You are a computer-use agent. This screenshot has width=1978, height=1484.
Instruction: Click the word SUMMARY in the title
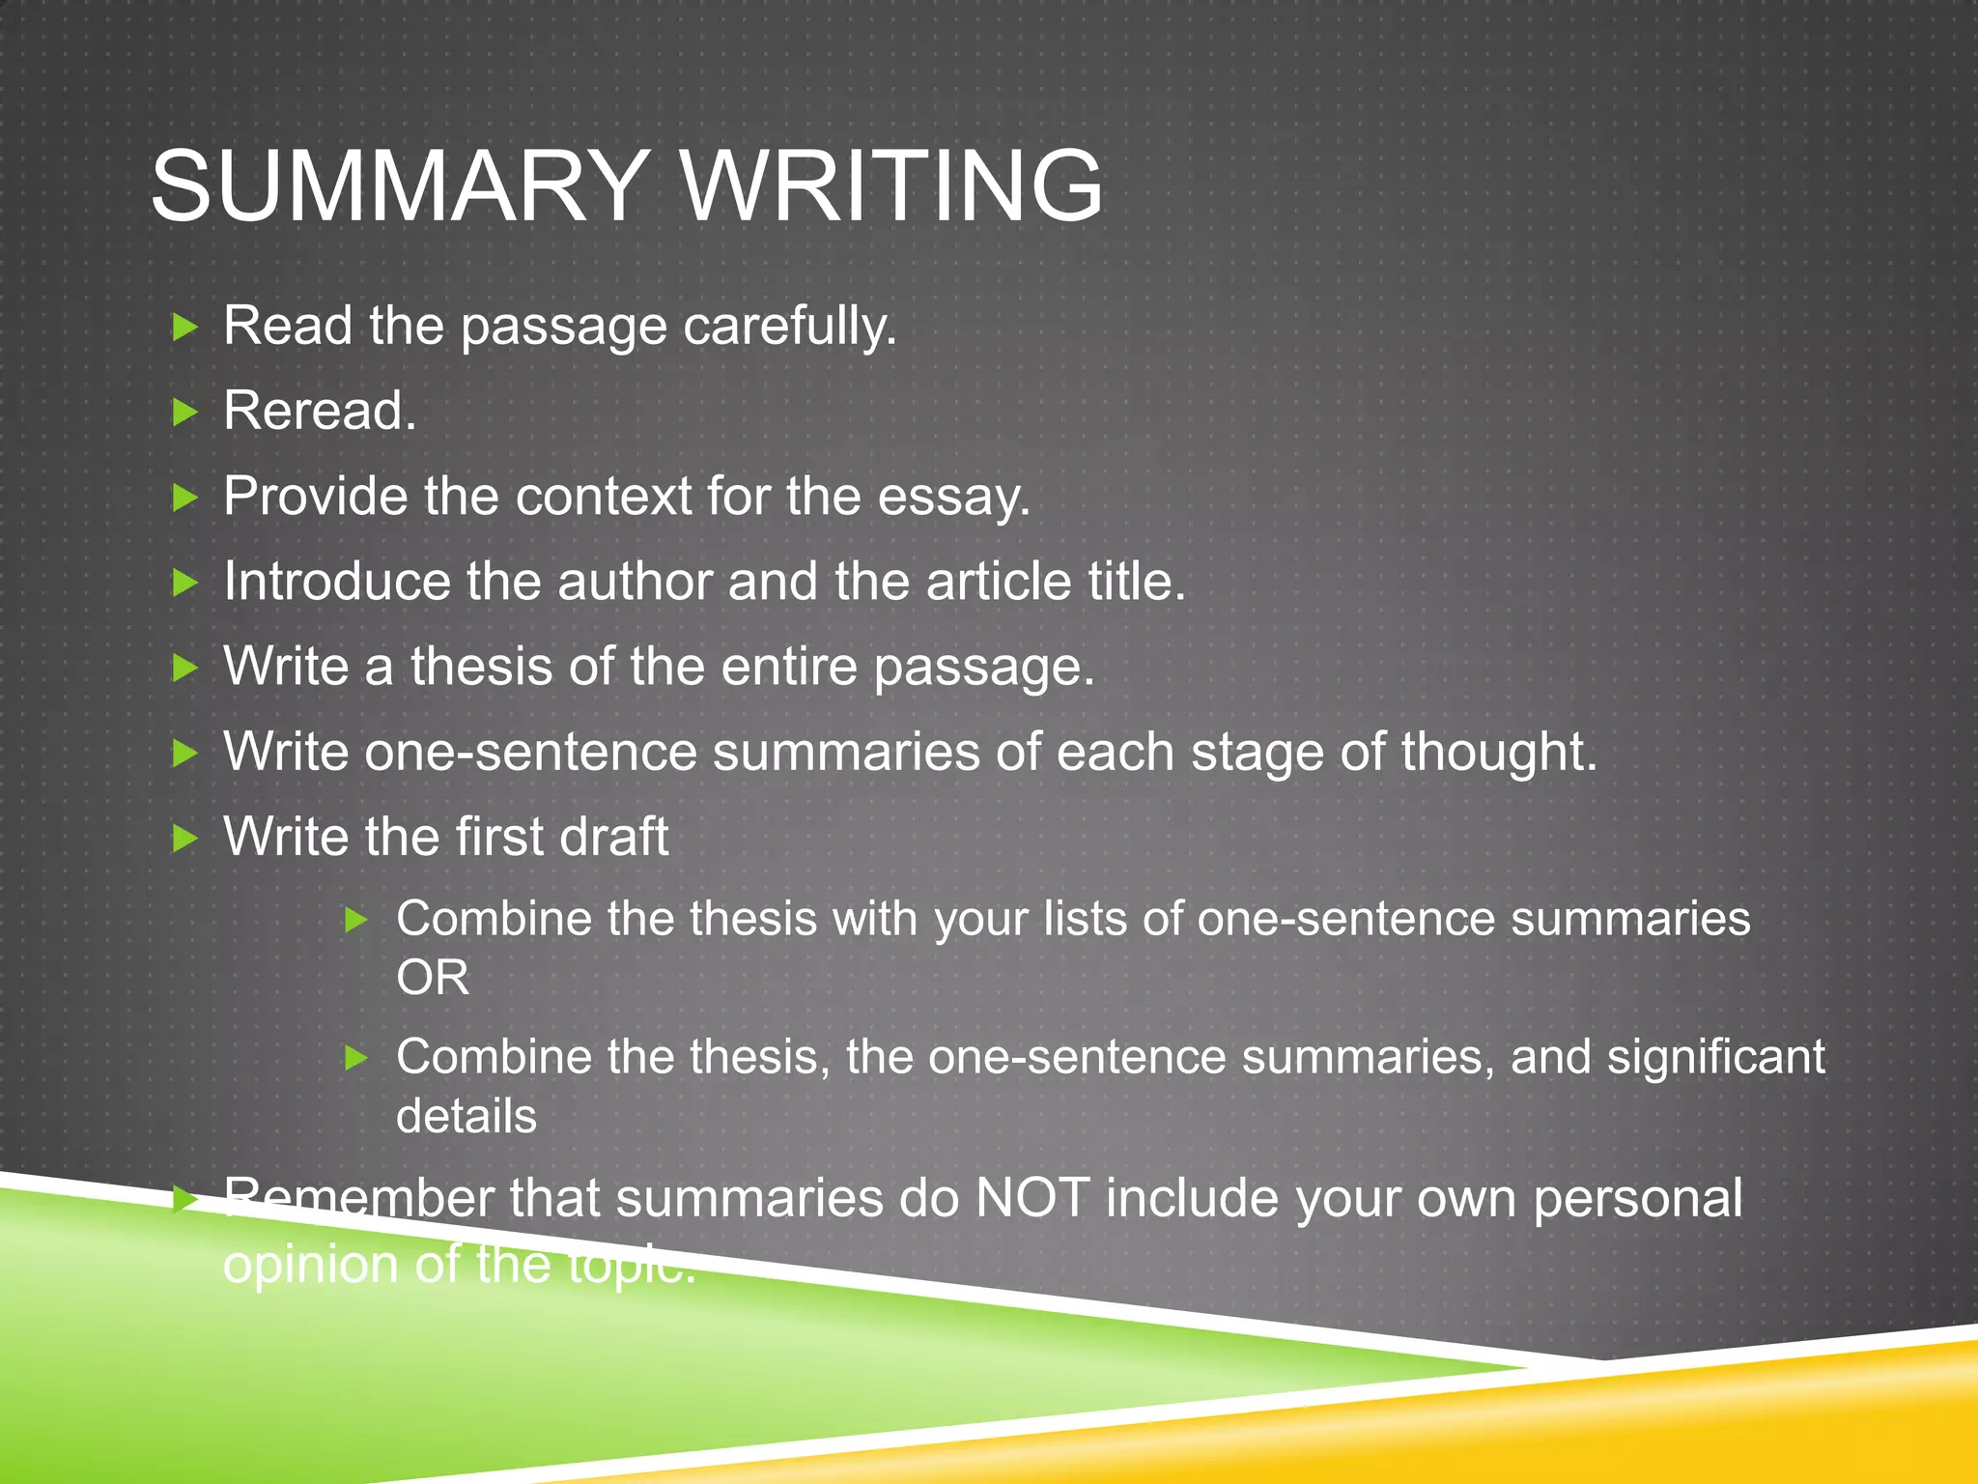(399, 185)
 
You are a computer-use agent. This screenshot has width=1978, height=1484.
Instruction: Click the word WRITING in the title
(892, 185)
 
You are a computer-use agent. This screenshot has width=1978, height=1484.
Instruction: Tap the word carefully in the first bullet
(790, 327)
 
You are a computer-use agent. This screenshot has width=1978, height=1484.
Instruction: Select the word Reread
(320, 411)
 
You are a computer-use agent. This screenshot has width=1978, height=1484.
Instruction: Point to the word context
(603, 497)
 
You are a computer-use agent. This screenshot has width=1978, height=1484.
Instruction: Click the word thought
(1499, 752)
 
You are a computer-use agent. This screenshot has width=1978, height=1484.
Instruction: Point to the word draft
(613, 837)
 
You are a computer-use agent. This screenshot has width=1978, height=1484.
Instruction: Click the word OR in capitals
(433, 978)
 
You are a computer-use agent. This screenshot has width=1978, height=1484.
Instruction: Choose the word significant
(1715, 1057)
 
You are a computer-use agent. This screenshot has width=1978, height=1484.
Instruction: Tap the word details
(466, 1117)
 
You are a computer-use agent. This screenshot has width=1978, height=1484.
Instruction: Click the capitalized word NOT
(1032, 1199)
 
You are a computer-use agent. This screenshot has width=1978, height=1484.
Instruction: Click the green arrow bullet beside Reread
(184, 413)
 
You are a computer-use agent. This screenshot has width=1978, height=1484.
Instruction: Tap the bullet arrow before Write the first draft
(184, 838)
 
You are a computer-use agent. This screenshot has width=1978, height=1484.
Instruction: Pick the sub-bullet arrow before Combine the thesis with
(356, 920)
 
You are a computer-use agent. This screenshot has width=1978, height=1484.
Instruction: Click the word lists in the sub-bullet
(1085, 919)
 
